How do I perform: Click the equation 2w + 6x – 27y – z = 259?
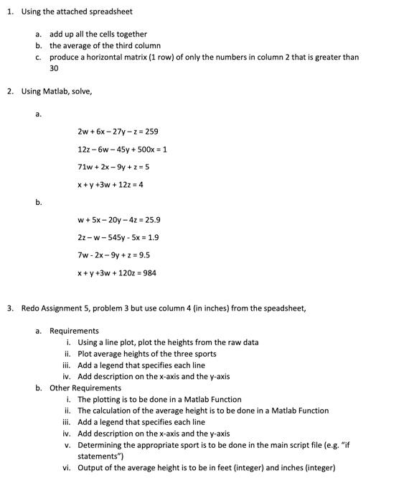click(x=118, y=132)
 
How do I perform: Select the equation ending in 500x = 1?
click(x=122, y=150)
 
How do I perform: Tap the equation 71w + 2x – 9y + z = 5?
click(x=113, y=167)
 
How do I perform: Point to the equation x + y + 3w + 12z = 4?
click(x=111, y=185)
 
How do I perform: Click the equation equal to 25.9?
click(x=118, y=220)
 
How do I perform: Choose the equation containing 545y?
click(x=118, y=237)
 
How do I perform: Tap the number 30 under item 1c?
click(x=54, y=68)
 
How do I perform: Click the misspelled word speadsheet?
click(x=283, y=308)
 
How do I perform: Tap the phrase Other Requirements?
click(x=85, y=388)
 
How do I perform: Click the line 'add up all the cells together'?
click(x=98, y=34)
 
